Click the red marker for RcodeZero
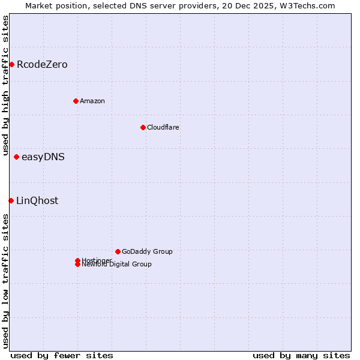point(11,64)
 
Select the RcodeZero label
point(42,65)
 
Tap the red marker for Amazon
point(76,101)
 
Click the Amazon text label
point(92,101)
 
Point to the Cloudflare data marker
point(143,127)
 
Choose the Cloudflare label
point(163,127)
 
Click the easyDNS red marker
point(16,157)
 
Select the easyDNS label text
point(43,157)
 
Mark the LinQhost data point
point(11,200)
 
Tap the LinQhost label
point(37,201)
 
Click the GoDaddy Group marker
point(118,251)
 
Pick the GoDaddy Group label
point(147,251)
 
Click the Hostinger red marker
point(77,260)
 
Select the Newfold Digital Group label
point(117,265)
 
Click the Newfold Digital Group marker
point(77,265)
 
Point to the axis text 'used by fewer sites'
point(62,355)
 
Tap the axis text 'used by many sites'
point(301,355)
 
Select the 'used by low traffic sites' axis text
point(5,281)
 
